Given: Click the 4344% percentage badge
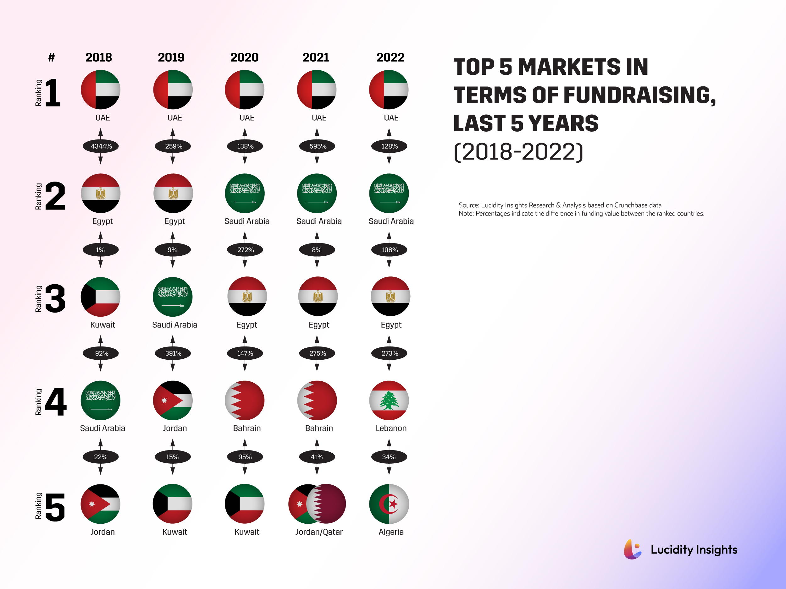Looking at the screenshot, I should point(101,146).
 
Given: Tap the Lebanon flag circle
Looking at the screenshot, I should point(389,401).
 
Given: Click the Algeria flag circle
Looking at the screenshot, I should point(389,504).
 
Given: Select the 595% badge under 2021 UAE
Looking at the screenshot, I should point(317,146).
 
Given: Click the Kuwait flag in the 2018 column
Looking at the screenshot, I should point(101,297).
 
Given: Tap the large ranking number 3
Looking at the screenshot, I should point(55,298).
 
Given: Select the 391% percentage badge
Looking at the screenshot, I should point(173,353).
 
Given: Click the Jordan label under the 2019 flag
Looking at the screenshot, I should point(174,428).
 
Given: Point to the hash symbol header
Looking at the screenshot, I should point(52,57).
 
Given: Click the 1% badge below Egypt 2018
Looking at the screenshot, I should point(101,250).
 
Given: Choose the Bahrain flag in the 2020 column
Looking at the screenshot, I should point(245,401).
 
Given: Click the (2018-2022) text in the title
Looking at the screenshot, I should point(518,152).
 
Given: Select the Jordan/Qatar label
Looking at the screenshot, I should point(319,532).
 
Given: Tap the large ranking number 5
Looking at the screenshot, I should point(55,508).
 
